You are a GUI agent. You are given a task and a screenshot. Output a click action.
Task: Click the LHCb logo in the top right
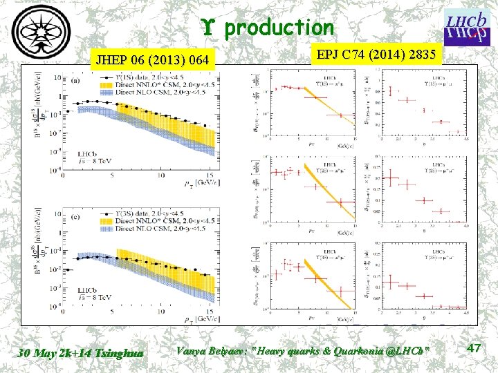pyautogui.click(x=465, y=28)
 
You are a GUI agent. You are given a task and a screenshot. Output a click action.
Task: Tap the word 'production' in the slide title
pyautogui.click(x=279, y=28)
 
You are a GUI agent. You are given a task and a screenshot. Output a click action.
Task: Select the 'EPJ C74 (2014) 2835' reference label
pyautogui.click(x=373, y=55)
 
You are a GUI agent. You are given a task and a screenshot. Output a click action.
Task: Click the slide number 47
pyautogui.click(x=474, y=349)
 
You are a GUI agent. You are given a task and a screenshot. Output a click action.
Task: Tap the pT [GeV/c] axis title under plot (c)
pyautogui.click(x=205, y=318)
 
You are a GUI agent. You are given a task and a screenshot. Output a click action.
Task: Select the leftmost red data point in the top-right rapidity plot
pyautogui.click(x=394, y=90)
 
